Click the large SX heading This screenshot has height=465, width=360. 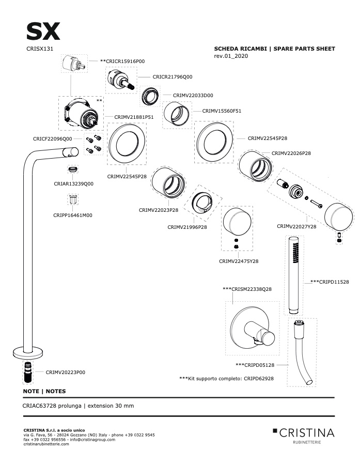coord(43,32)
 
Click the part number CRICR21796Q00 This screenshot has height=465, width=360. coord(173,77)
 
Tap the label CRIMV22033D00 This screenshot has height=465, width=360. coord(193,96)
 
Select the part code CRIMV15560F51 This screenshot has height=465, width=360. coord(222,111)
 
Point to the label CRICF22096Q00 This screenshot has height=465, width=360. coord(53,139)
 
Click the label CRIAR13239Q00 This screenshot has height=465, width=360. coord(73,184)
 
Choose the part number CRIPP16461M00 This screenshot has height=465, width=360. coord(73,215)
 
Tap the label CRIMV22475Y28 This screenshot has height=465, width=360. coord(239,261)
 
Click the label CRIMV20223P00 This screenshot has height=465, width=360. coord(65,373)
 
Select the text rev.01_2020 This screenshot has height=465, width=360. coord(231,56)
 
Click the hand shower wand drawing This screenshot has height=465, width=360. coord(294,275)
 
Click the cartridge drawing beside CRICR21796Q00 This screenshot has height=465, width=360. coord(121,80)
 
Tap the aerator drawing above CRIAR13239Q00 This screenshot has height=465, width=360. coord(73,169)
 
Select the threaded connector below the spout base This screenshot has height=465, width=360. coord(28,372)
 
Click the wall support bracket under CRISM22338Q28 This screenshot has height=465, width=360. coord(253,328)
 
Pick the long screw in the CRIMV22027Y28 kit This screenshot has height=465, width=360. coord(316,204)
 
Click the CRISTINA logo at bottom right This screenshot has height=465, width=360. coord(304,435)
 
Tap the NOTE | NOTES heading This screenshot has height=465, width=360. coord(44,391)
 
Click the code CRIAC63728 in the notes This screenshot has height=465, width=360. coord(39,406)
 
